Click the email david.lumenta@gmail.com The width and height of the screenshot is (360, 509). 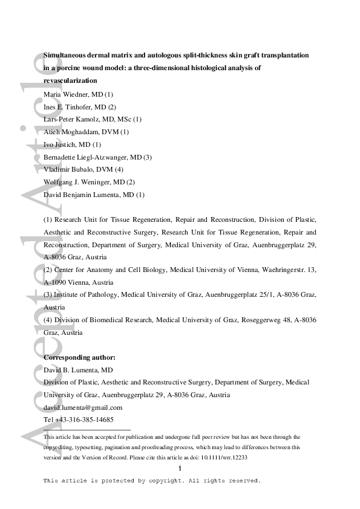pyautogui.click(x=83, y=407)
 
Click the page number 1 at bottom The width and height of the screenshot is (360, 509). pyautogui.click(x=180, y=470)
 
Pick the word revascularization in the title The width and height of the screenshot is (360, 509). pyautogui.click(x=70, y=80)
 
